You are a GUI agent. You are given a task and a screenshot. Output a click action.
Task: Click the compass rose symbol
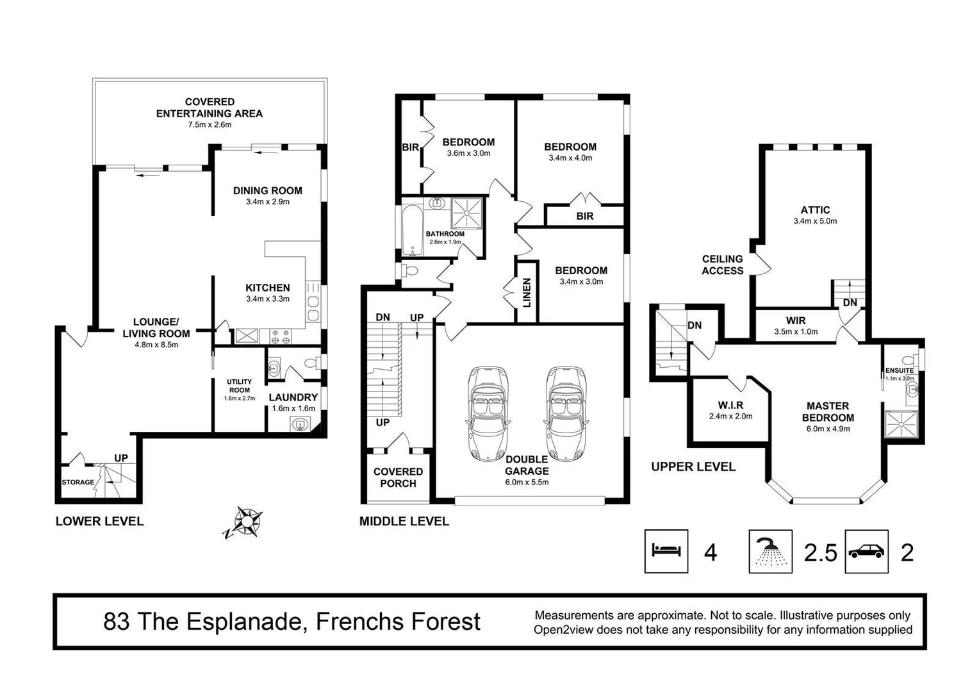click(247, 522)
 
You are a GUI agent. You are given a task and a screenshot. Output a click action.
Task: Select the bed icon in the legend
click(666, 551)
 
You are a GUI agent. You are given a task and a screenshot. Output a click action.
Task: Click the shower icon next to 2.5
click(770, 551)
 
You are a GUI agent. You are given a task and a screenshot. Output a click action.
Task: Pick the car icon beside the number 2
click(866, 551)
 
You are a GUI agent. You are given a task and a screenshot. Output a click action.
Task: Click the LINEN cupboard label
click(527, 292)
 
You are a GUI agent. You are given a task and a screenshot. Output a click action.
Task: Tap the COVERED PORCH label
click(398, 477)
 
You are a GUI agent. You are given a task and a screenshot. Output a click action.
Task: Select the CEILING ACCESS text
click(722, 265)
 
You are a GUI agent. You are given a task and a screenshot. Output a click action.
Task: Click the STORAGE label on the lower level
click(78, 482)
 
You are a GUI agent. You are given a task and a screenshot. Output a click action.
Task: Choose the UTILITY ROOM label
click(240, 386)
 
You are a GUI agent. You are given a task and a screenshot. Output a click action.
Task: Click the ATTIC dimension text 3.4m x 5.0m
click(815, 221)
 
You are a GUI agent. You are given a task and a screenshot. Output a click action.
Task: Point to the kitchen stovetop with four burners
click(281, 336)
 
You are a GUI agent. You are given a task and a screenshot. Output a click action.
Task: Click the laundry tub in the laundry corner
click(299, 424)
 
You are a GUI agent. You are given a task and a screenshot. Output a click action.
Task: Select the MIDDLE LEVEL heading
click(404, 521)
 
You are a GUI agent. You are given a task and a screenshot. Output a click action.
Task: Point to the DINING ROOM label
click(267, 190)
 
